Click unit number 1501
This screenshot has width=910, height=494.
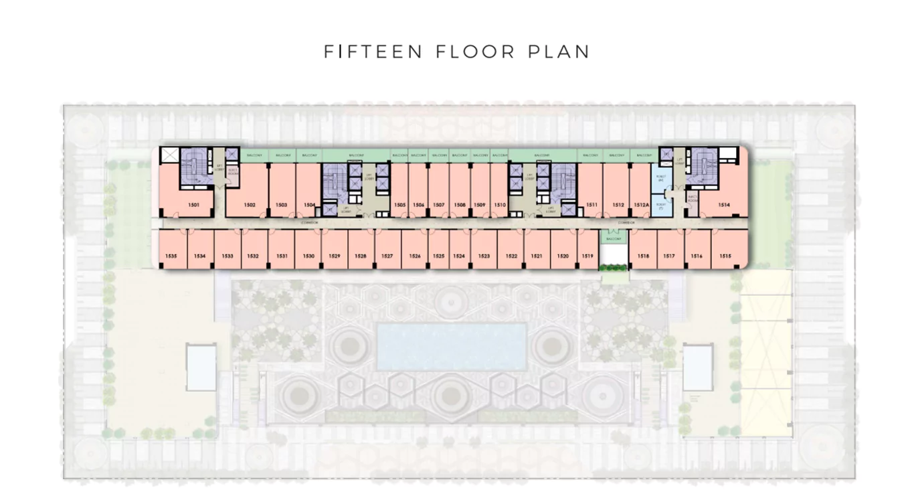click(193, 205)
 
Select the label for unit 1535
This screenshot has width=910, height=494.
click(171, 256)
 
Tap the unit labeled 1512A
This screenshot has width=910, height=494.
click(639, 205)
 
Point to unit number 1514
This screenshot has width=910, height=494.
click(724, 205)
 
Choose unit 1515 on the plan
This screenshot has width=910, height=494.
click(726, 256)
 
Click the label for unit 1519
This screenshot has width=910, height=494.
click(587, 256)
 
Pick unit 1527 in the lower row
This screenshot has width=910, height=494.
click(387, 256)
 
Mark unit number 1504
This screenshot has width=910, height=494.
click(309, 205)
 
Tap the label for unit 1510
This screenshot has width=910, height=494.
click(499, 205)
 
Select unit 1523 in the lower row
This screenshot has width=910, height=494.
click(484, 256)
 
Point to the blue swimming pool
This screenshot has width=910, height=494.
click(451, 346)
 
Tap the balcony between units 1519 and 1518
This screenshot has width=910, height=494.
click(614, 239)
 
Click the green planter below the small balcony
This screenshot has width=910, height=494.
click(614, 268)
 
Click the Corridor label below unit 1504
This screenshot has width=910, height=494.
click(308, 222)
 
